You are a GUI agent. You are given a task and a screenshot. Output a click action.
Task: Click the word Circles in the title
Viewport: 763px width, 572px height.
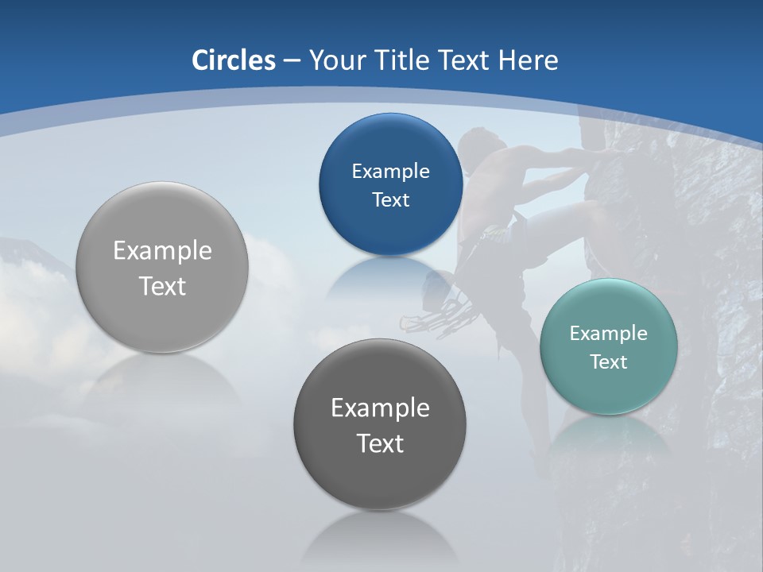point(234,60)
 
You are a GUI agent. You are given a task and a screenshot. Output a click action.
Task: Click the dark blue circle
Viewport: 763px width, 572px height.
point(390,184)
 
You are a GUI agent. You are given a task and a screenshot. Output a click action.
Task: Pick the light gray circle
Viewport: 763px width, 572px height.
point(162,267)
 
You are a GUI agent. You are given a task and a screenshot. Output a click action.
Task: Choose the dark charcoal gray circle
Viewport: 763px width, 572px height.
point(380,424)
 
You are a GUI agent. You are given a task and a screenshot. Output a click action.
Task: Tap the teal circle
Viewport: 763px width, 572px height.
point(609,346)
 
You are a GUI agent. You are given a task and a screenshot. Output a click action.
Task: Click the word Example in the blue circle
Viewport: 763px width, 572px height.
point(390,171)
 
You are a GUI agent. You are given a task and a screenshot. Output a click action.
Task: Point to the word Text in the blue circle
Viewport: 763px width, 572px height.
point(390,199)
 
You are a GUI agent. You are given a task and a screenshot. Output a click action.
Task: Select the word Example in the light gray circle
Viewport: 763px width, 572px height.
point(162,251)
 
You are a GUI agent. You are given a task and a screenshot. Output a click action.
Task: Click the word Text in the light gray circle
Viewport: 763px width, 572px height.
point(162,286)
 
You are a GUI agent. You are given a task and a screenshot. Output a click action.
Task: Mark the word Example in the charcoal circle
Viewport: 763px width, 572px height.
point(380,408)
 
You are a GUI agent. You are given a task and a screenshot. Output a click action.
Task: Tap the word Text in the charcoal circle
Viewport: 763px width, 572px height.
point(380,443)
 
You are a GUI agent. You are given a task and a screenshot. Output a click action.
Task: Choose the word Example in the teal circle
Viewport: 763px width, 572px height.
point(609,333)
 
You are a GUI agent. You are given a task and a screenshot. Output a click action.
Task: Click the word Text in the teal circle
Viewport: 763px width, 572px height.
point(609,362)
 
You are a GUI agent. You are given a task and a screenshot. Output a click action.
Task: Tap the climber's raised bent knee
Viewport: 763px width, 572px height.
point(591,209)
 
